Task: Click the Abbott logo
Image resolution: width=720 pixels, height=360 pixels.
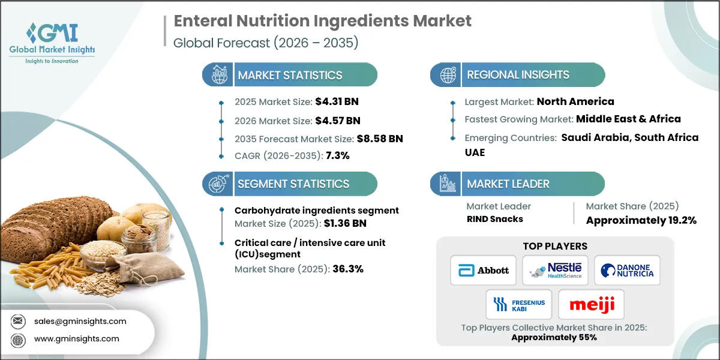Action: tap(483, 270)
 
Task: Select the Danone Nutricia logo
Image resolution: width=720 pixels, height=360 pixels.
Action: tap(627, 270)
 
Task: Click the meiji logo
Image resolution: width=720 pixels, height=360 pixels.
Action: tap(591, 304)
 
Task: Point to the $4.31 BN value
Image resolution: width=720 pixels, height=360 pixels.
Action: tap(337, 101)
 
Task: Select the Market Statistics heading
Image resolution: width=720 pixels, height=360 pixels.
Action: tap(290, 75)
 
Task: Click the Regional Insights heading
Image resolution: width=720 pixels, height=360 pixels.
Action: tap(518, 75)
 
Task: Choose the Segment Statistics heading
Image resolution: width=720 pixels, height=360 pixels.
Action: tap(293, 184)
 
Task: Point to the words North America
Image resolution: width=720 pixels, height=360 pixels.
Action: tap(575, 101)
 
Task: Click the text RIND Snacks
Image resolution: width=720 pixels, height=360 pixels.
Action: tap(494, 219)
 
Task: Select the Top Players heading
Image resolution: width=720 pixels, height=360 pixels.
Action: tap(555, 246)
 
